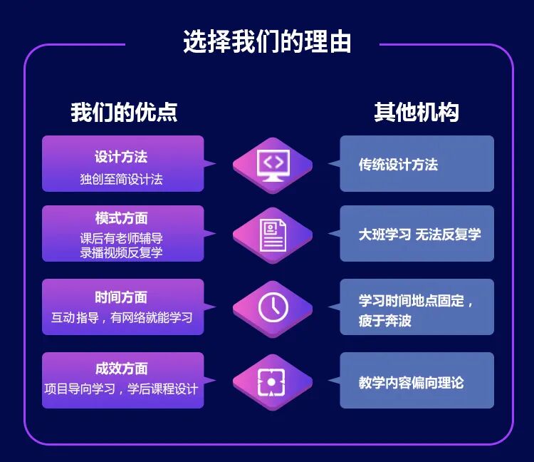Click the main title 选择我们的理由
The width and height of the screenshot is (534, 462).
tap(267, 41)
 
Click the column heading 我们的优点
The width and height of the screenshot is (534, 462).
tap(124, 112)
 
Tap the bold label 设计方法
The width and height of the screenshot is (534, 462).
tap(121, 157)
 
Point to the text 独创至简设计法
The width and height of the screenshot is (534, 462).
tap(121, 179)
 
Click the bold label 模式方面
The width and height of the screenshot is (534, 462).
tap(121, 218)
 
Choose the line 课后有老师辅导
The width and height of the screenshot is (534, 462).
tap(121, 238)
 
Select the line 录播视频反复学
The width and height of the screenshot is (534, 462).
tap(121, 252)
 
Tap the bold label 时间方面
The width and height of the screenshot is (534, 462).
tap(121, 297)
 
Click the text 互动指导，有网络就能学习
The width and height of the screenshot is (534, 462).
tap(122, 317)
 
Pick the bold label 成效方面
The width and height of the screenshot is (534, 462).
tap(121, 369)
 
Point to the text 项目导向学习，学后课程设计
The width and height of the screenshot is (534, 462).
tap(121, 389)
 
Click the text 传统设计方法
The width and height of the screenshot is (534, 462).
tap(398, 165)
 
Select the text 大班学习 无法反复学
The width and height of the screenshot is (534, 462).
tap(419, 234)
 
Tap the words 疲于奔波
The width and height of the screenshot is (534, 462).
tap(385, 321)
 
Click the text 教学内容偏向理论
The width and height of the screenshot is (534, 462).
tap(411, 383)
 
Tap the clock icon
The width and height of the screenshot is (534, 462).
tap(273, 308)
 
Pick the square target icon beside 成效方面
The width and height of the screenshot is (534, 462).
tap(273, 382)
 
